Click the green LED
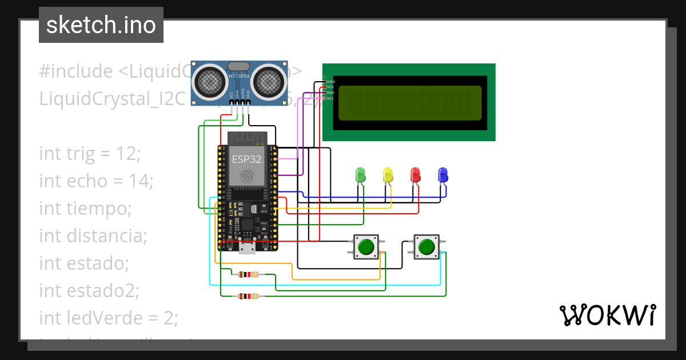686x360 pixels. [x=360, y=175]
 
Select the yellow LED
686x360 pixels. [x=388, y=175]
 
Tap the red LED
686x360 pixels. [x=416, y=175]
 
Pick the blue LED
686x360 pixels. [x=442, y=175]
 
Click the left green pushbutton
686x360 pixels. [x=366, y=247]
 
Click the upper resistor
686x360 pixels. [x=248, y=275]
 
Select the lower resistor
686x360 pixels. [x=248, y=296]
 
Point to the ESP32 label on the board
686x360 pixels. [x=246, y=159]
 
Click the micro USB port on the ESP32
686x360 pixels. [x=248, y=247]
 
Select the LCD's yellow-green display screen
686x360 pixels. [x=410, y=103]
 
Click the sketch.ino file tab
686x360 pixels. [x=101, y=25]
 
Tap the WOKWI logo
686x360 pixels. [x=607, y=315]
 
